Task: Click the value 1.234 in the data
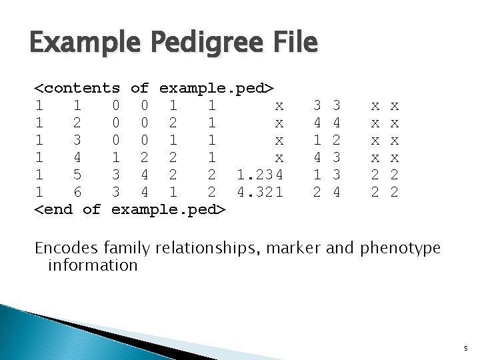(259, 175)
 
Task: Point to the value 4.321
(259, 193)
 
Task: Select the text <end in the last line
(54, 210)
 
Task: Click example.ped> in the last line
(170, 210)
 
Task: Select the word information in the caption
(93, 265)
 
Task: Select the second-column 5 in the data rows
(77, 175)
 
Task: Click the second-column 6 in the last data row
(77, 193)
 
